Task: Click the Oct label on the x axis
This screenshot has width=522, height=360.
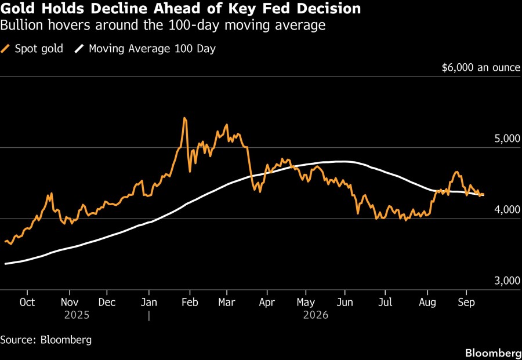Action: tap(27, 302)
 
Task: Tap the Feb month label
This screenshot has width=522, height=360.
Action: tap(190, 302)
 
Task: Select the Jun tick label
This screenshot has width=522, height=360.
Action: tap(345, 302)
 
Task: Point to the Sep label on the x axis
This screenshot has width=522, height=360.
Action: tap(466, 302)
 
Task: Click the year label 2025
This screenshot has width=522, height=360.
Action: tap(77, 315)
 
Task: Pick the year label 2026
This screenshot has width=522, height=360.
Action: tap(316, 315)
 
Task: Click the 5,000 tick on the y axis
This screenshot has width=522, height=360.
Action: tap(507, 139)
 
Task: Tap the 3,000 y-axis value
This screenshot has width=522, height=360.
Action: tap(507, 281)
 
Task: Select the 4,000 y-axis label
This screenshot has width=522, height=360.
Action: tap(507, 210)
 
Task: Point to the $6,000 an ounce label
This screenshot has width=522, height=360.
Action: tap(481, 68)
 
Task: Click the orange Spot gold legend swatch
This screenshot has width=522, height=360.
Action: tap(5, 49)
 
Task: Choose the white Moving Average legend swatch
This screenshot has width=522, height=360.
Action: tap(79, 49)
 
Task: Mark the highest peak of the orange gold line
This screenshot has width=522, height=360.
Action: tap(185, 118)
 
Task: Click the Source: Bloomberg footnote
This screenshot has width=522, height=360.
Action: tap(46, 340)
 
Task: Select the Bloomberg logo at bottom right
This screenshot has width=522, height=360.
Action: tap(494, 352)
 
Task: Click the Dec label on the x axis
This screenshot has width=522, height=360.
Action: tap(107, 302)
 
